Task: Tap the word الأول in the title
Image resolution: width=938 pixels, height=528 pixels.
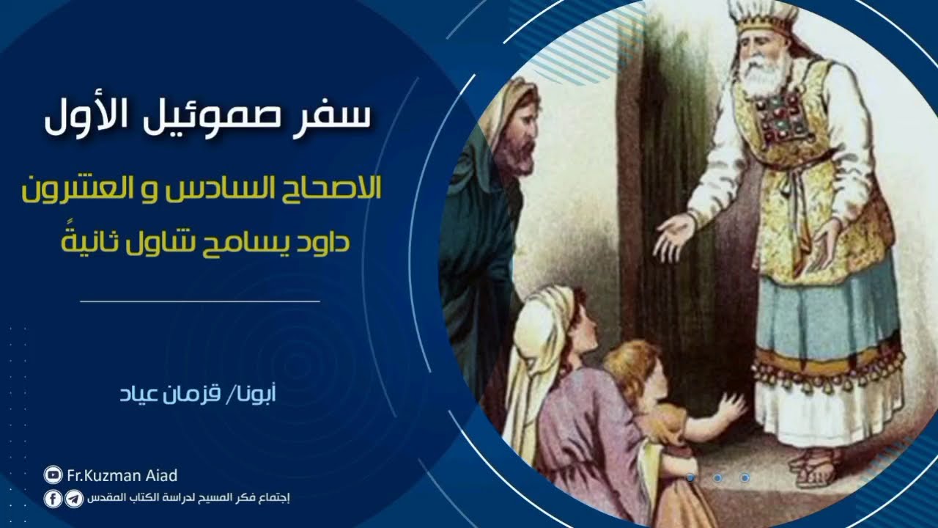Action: pyautogui.click(x=86, y=118)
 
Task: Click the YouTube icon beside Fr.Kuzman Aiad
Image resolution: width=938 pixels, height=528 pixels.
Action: pyautogui.click(x=53, y=475)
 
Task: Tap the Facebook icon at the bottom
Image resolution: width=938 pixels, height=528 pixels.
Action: pyautogui.click(x=53, y=499)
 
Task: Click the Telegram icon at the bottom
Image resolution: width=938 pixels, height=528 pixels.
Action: pyautogui.click(x=73, y=499)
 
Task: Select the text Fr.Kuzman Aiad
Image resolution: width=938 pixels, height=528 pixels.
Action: pyautogui.click(x=122, y=475)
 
